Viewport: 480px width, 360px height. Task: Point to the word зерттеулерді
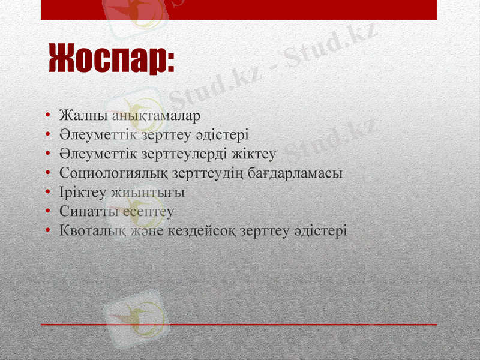174,154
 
